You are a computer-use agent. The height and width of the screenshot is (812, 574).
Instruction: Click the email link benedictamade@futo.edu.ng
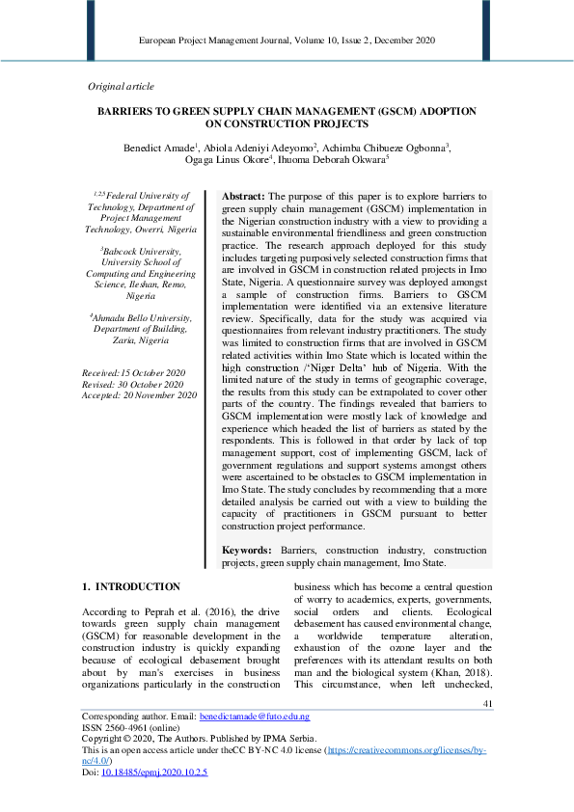pos(255,717)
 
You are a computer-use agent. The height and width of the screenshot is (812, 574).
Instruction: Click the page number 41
pos(487,703)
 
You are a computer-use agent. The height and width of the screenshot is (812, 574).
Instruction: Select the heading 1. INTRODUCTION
pos(131,586)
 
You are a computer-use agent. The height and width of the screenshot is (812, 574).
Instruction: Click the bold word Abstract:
pos(245,196)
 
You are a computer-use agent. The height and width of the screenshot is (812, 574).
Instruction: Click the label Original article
pos(121,86)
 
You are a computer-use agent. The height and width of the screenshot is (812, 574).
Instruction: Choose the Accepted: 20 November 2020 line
pos(140,395)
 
